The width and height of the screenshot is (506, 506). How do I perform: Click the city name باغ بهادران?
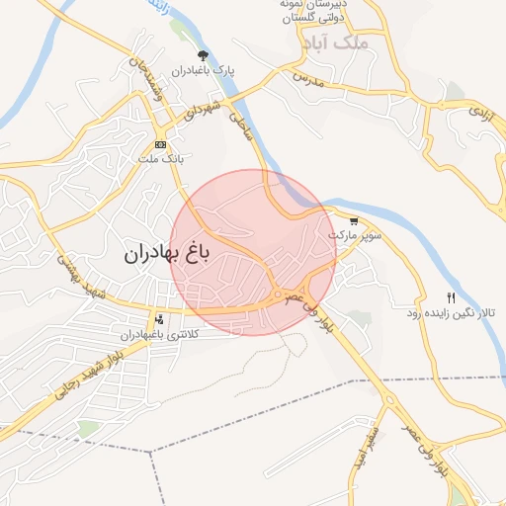[x=167, y=254]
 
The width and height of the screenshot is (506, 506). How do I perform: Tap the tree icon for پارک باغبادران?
[x=204, y=55]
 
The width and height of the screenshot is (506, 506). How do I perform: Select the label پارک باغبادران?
[x=203, y=71]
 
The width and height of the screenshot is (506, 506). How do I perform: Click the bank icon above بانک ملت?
[x=160, y=144]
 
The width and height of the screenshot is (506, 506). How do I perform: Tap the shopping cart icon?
[x=354, y=221]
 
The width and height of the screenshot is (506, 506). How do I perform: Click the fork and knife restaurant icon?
[x=451, y=297]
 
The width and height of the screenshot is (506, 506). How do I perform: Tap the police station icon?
[x=160, y=319]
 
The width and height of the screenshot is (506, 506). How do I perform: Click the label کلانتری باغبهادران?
[x=158, y=335]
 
